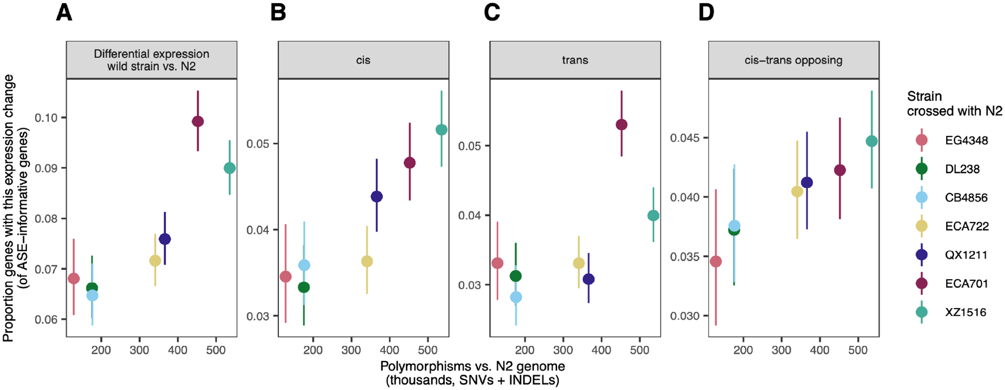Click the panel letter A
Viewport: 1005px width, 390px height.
[64, 12]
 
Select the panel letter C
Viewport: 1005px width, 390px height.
[492, 12]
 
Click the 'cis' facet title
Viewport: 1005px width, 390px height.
[363, 60]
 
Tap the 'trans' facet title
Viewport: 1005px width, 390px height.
[575, 60]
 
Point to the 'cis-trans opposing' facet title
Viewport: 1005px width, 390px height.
[793, 60]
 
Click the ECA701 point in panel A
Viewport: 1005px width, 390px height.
[198, 122]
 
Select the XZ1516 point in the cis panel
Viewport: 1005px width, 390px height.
[441, 130]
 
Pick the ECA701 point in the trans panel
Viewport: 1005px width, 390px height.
[622, 125]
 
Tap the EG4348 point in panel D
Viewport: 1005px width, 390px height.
[716, 262]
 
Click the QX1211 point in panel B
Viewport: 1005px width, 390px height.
[377, 197]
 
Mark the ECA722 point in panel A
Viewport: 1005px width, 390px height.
[155, 261]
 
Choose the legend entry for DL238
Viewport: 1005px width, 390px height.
[962, 169]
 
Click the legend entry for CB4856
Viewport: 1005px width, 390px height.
[966, 197]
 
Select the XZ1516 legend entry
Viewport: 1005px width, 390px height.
[965, 312]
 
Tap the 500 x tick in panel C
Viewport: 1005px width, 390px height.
[640, 350]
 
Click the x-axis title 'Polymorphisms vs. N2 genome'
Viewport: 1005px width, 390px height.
[472, 366]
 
